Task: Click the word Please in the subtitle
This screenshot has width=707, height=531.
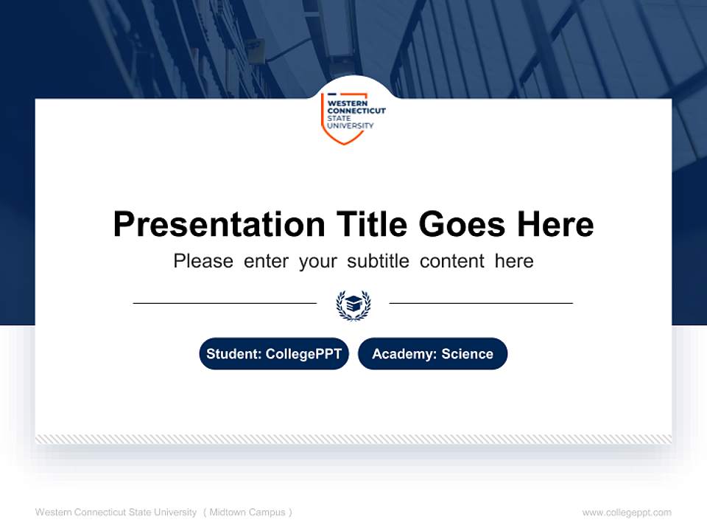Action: click(203, 261)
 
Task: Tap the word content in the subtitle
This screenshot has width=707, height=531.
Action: click(452, 261)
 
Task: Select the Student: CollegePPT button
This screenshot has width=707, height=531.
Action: click(274, 354)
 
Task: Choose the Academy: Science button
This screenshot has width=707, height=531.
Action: click(432, 354)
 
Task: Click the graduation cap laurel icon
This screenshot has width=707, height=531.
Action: click(353, 304)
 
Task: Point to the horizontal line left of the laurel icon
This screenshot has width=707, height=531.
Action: click(225, 303)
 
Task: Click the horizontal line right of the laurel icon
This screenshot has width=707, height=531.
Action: click(481, 303)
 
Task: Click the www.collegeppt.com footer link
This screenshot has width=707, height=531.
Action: click(627, 513)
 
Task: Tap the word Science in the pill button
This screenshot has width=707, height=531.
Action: click(467, 354)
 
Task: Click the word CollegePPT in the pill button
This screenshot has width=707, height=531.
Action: click(303, 354)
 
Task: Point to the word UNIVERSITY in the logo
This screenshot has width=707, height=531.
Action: click(350, 126)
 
